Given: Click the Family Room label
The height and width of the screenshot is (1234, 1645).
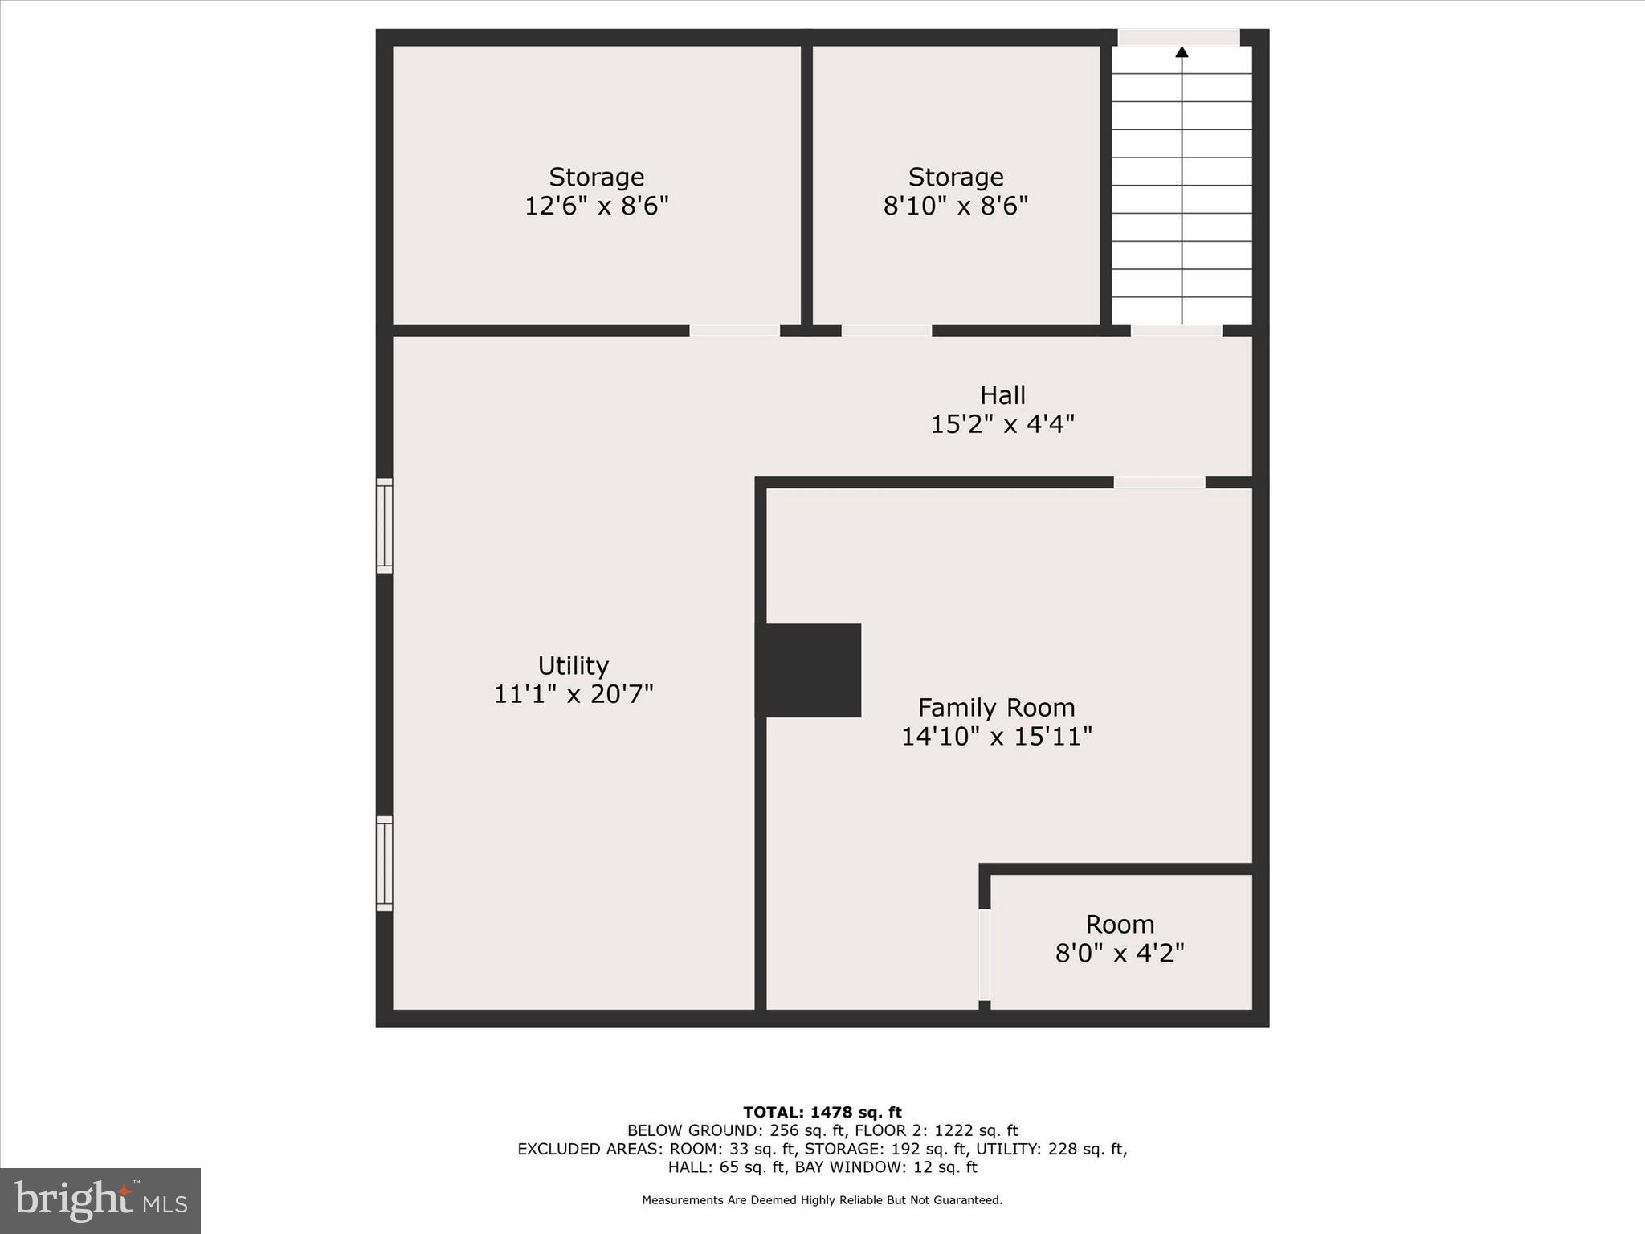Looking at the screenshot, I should click(996, 708).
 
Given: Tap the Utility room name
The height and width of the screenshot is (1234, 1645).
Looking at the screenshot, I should click(573, 666).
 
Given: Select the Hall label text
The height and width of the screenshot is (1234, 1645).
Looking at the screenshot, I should click(1002, 395).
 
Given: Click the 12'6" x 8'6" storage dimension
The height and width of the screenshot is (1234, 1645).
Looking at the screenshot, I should click(596, 206).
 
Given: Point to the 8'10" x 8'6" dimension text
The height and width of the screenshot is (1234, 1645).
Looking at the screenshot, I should click(955, 206).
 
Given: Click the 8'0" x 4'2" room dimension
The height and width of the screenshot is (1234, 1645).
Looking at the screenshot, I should click(1120, 954).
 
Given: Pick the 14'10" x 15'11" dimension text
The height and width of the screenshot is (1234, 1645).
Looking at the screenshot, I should click(996, 737).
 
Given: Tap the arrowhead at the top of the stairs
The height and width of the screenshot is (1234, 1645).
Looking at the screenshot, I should click(1182, 53).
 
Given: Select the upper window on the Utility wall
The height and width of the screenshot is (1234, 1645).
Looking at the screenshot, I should click(385, 526).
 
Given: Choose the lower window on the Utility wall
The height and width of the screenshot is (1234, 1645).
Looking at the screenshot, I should click(385, 864).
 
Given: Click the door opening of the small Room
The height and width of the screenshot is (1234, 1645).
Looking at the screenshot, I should click(984, 954).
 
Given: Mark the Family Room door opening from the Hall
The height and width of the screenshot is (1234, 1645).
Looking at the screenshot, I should click(1159, 483).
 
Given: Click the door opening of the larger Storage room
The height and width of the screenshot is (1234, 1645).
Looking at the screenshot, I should click(734, 330).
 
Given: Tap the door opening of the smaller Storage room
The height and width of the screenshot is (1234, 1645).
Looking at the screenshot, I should click(886, 330).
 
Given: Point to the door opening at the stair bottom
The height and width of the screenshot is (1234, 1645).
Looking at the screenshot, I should click(1176, 330).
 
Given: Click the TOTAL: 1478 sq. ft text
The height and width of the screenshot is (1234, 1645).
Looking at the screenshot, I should click(822, 1113).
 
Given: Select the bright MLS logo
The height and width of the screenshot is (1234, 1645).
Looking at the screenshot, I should click(100, 1200).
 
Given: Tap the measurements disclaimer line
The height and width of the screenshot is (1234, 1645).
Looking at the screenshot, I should click(822, 1200).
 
